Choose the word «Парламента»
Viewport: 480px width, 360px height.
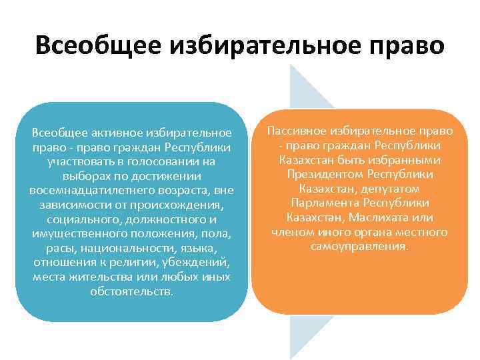pos(320,203)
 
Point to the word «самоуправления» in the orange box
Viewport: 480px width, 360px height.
pos(359,247)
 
